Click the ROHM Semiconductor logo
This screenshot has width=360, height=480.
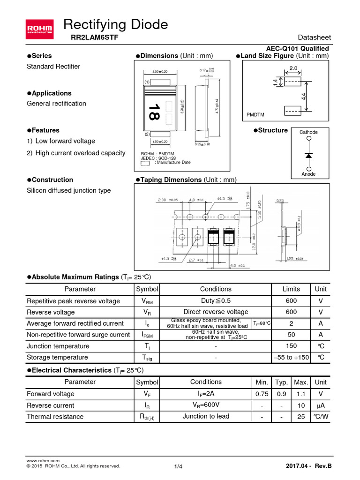point(40,28)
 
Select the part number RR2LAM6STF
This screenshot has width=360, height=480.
point(88,38)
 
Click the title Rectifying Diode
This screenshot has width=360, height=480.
point(115,24)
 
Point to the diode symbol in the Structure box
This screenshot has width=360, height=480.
point(308,154)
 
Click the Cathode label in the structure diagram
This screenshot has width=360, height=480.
point(308,132)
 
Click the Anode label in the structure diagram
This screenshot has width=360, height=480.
point(308,174)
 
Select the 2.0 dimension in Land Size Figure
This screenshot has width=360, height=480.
point(293,68)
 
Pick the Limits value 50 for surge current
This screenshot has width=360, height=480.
point(291,335)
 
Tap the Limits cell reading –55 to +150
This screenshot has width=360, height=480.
point(291,357)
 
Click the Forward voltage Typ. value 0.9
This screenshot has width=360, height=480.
point(281,394)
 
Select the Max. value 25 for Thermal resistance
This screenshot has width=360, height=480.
point(301,416)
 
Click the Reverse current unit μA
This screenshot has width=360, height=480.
point(321,405)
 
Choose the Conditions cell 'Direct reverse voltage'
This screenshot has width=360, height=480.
point(216,312)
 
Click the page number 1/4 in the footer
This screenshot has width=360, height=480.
point(178,466)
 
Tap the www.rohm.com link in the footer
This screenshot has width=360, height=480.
point(43,461)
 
